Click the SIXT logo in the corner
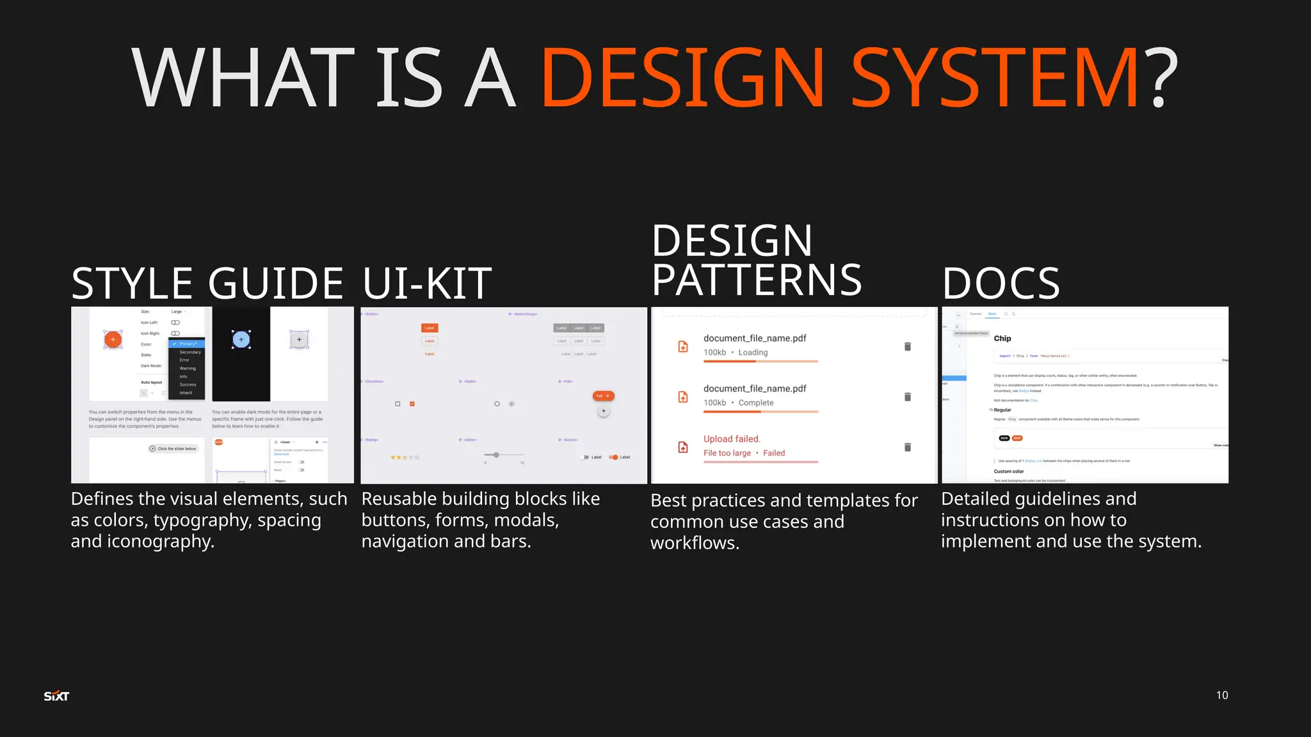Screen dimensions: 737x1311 click(56, 696)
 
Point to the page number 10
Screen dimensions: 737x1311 click(1221, 695)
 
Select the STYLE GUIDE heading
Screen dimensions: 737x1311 click(207, 283)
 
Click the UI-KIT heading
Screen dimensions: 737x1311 click(427, 283)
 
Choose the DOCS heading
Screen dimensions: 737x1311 click(1001, 283)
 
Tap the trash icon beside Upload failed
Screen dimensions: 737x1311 click(907, 447)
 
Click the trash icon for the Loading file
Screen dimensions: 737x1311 click(907, 347)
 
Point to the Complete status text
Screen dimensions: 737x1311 click(756, 403)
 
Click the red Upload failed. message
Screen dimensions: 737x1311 click(732, 439)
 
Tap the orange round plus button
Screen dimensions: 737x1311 click(113, 339)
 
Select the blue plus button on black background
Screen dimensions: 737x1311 click(241, 339)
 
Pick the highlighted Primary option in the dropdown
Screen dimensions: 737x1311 click(188, 344)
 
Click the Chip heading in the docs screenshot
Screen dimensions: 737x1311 click(1002, 338)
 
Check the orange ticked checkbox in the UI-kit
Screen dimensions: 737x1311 click(412, 404)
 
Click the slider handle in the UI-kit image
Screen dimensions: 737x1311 click(496, 455)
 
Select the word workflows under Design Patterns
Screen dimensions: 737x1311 click(695, 543)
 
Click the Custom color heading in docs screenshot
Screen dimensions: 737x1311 click(1009, 472)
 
